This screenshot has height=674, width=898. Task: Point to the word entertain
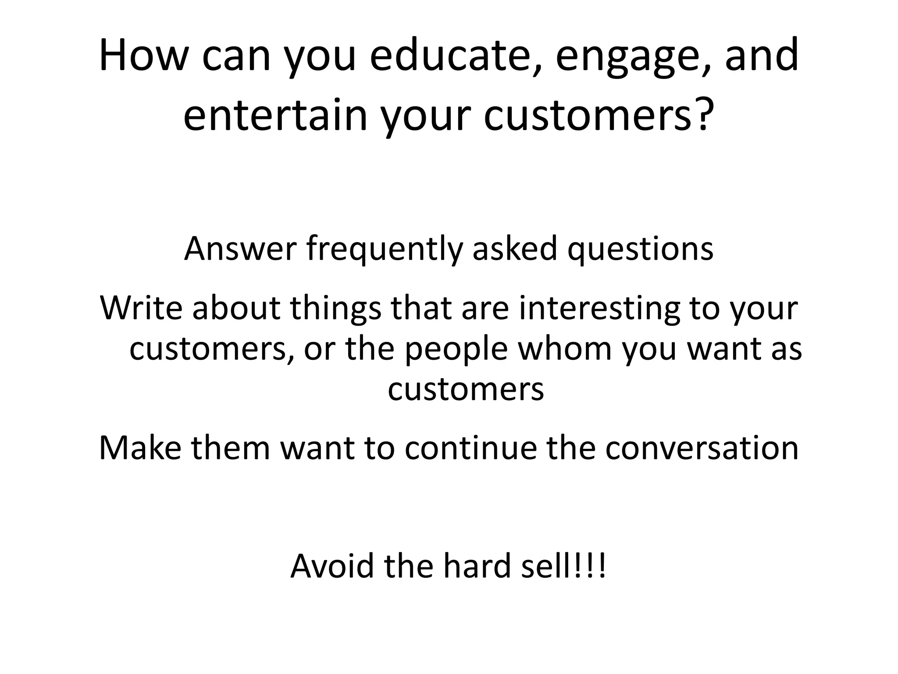point(274,115)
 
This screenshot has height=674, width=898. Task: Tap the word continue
point(470,448)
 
